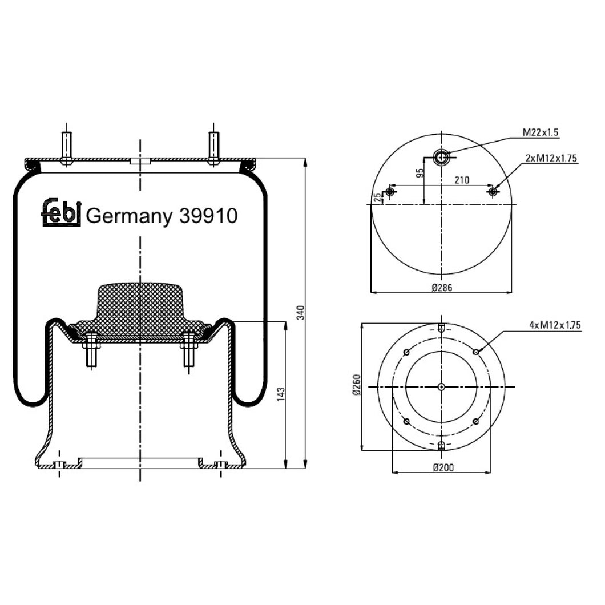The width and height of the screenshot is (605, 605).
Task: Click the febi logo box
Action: (x=61, y=212)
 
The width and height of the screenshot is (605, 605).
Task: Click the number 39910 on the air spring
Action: (x=208, y=216)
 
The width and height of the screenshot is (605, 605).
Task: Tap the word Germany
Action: (x=128, y=217)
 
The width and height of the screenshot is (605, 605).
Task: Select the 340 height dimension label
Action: (x=302, y=313)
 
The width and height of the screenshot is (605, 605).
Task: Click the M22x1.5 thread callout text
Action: (x=540, y=133)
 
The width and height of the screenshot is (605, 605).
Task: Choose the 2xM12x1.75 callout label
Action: (x=551, y=158)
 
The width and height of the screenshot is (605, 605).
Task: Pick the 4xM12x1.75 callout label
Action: (x=554, y=325)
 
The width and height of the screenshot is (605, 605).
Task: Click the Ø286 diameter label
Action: (x=442, y=288)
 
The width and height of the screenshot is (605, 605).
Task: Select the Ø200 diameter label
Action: (x=442, y=467)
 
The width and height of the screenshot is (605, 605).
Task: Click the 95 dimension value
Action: (x=420, y=174)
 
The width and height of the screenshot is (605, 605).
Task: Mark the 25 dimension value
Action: (x=376, y=197)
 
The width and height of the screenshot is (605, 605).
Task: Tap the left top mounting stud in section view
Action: (x=67, y=147)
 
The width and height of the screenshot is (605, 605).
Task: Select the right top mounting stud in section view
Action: (x=213, y=147)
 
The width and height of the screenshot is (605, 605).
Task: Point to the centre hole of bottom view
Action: (x=441, y=387)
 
